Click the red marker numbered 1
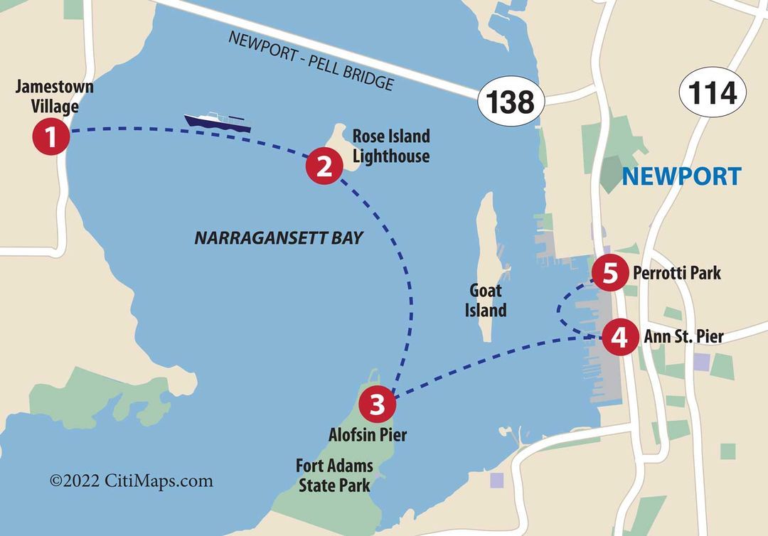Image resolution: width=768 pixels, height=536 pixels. (x=50, y=136)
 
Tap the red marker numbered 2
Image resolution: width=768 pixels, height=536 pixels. (x=324, y=167)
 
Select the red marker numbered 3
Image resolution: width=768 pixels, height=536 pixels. (x=378, y=404)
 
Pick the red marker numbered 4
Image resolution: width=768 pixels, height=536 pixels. (x=619, y=336)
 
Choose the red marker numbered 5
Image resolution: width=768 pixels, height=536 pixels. (x=610, y=273)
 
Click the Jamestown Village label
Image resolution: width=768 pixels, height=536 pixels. (x=55, y=97)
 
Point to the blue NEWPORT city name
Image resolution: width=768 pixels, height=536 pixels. (x=681, y=176)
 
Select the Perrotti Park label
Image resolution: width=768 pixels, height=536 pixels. (x=677, y=272)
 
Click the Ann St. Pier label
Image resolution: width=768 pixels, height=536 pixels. (x=683, y=336)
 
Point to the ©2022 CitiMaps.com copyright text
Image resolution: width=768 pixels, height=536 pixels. (x=131, y=481)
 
